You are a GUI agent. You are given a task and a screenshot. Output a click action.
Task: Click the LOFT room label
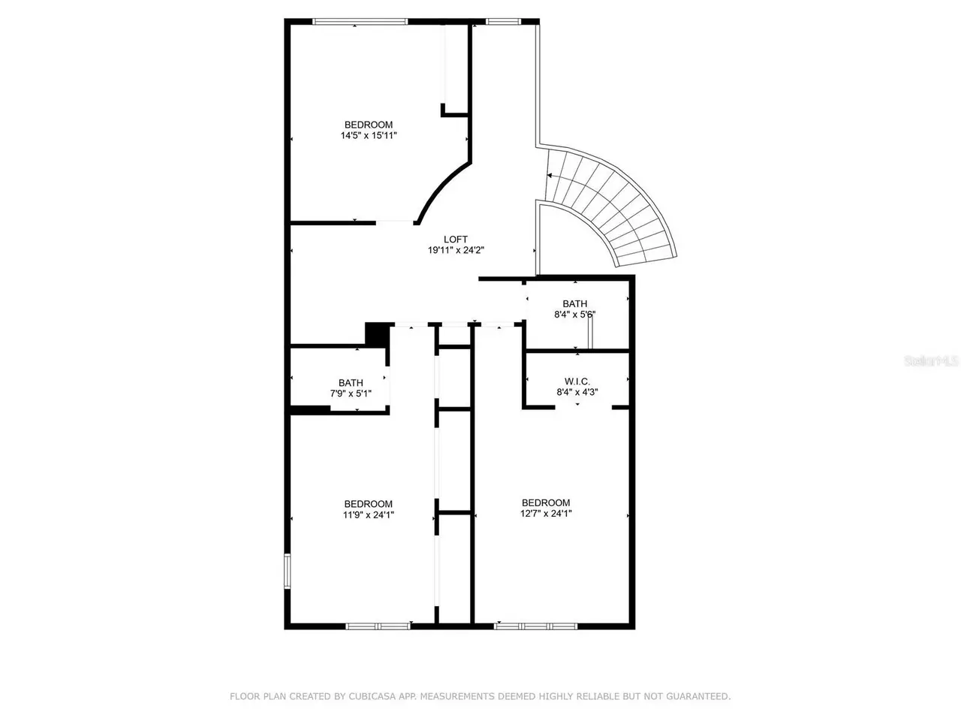(x=455, y=240)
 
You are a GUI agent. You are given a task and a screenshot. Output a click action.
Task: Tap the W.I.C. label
(x=577, y=382)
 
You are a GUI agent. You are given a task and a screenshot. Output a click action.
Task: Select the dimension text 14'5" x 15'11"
(x=369, y=136)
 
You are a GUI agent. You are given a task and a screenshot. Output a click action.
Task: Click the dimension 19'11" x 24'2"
(x=456, y=250)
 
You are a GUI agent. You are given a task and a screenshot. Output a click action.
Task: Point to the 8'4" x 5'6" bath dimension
(x=575, y=315)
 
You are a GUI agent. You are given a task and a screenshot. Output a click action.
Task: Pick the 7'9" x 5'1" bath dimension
(x=351, y=394)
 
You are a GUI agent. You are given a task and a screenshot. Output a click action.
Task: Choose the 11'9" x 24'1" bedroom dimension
(x=369, y=514)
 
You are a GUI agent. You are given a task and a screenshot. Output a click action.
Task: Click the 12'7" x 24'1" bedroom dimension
(x=546, y=514)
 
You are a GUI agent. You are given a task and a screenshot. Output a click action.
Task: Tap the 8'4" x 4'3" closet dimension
(x=577, y=392)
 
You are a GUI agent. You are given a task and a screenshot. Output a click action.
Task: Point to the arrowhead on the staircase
(x=549, y=176)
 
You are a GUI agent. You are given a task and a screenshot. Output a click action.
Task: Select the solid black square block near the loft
(x=378, y=335)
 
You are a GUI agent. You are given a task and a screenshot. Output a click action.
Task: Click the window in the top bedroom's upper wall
(x=360, y=22)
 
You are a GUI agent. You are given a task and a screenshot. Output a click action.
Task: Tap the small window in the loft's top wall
(x=504, y=22)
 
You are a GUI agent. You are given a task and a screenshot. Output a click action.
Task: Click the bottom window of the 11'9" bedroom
(x=378, y=626)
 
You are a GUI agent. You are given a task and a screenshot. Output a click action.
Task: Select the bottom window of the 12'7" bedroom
(x=535, y=626)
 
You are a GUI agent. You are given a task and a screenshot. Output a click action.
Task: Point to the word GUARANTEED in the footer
(x=698, y=696)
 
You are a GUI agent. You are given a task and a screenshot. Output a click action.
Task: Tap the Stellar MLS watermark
(x=931, y=361)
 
